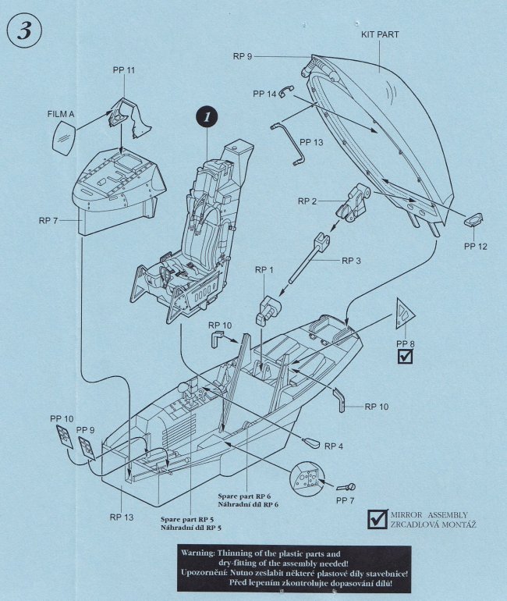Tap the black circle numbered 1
coord(206,117)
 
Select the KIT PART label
coord(381,36)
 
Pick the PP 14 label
coord(265,94)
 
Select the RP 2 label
coord(309,201)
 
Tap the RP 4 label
coord(335,446)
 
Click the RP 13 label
coord(122,517)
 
